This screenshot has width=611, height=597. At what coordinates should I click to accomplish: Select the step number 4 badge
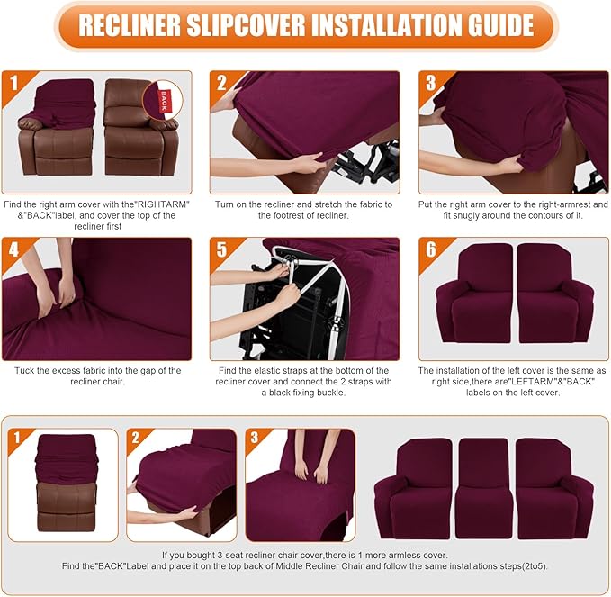tap(13, 249)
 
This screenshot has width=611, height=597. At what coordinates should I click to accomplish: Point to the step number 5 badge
tap(221, 249)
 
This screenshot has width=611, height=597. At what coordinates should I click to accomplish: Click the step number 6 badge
tap(430, 249)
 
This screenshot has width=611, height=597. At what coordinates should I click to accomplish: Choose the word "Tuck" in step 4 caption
tap(25, 370)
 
